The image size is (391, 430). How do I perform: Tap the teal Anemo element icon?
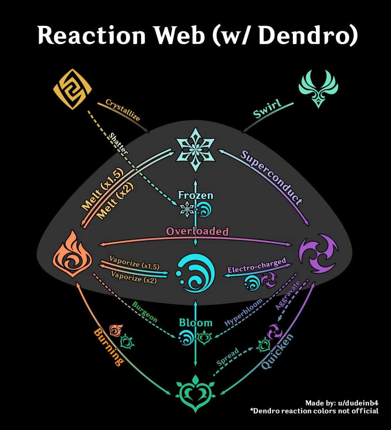(x=318, y=88)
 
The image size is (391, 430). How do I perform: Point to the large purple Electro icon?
(x=318, y=253)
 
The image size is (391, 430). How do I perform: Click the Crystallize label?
(x=123, y=110)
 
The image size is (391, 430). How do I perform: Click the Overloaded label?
(x=197, y=231)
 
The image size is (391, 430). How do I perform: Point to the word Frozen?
(x=195, y=195)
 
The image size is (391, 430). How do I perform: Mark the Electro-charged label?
(x=256, y=266)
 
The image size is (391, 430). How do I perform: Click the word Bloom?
(x=195, y=322)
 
